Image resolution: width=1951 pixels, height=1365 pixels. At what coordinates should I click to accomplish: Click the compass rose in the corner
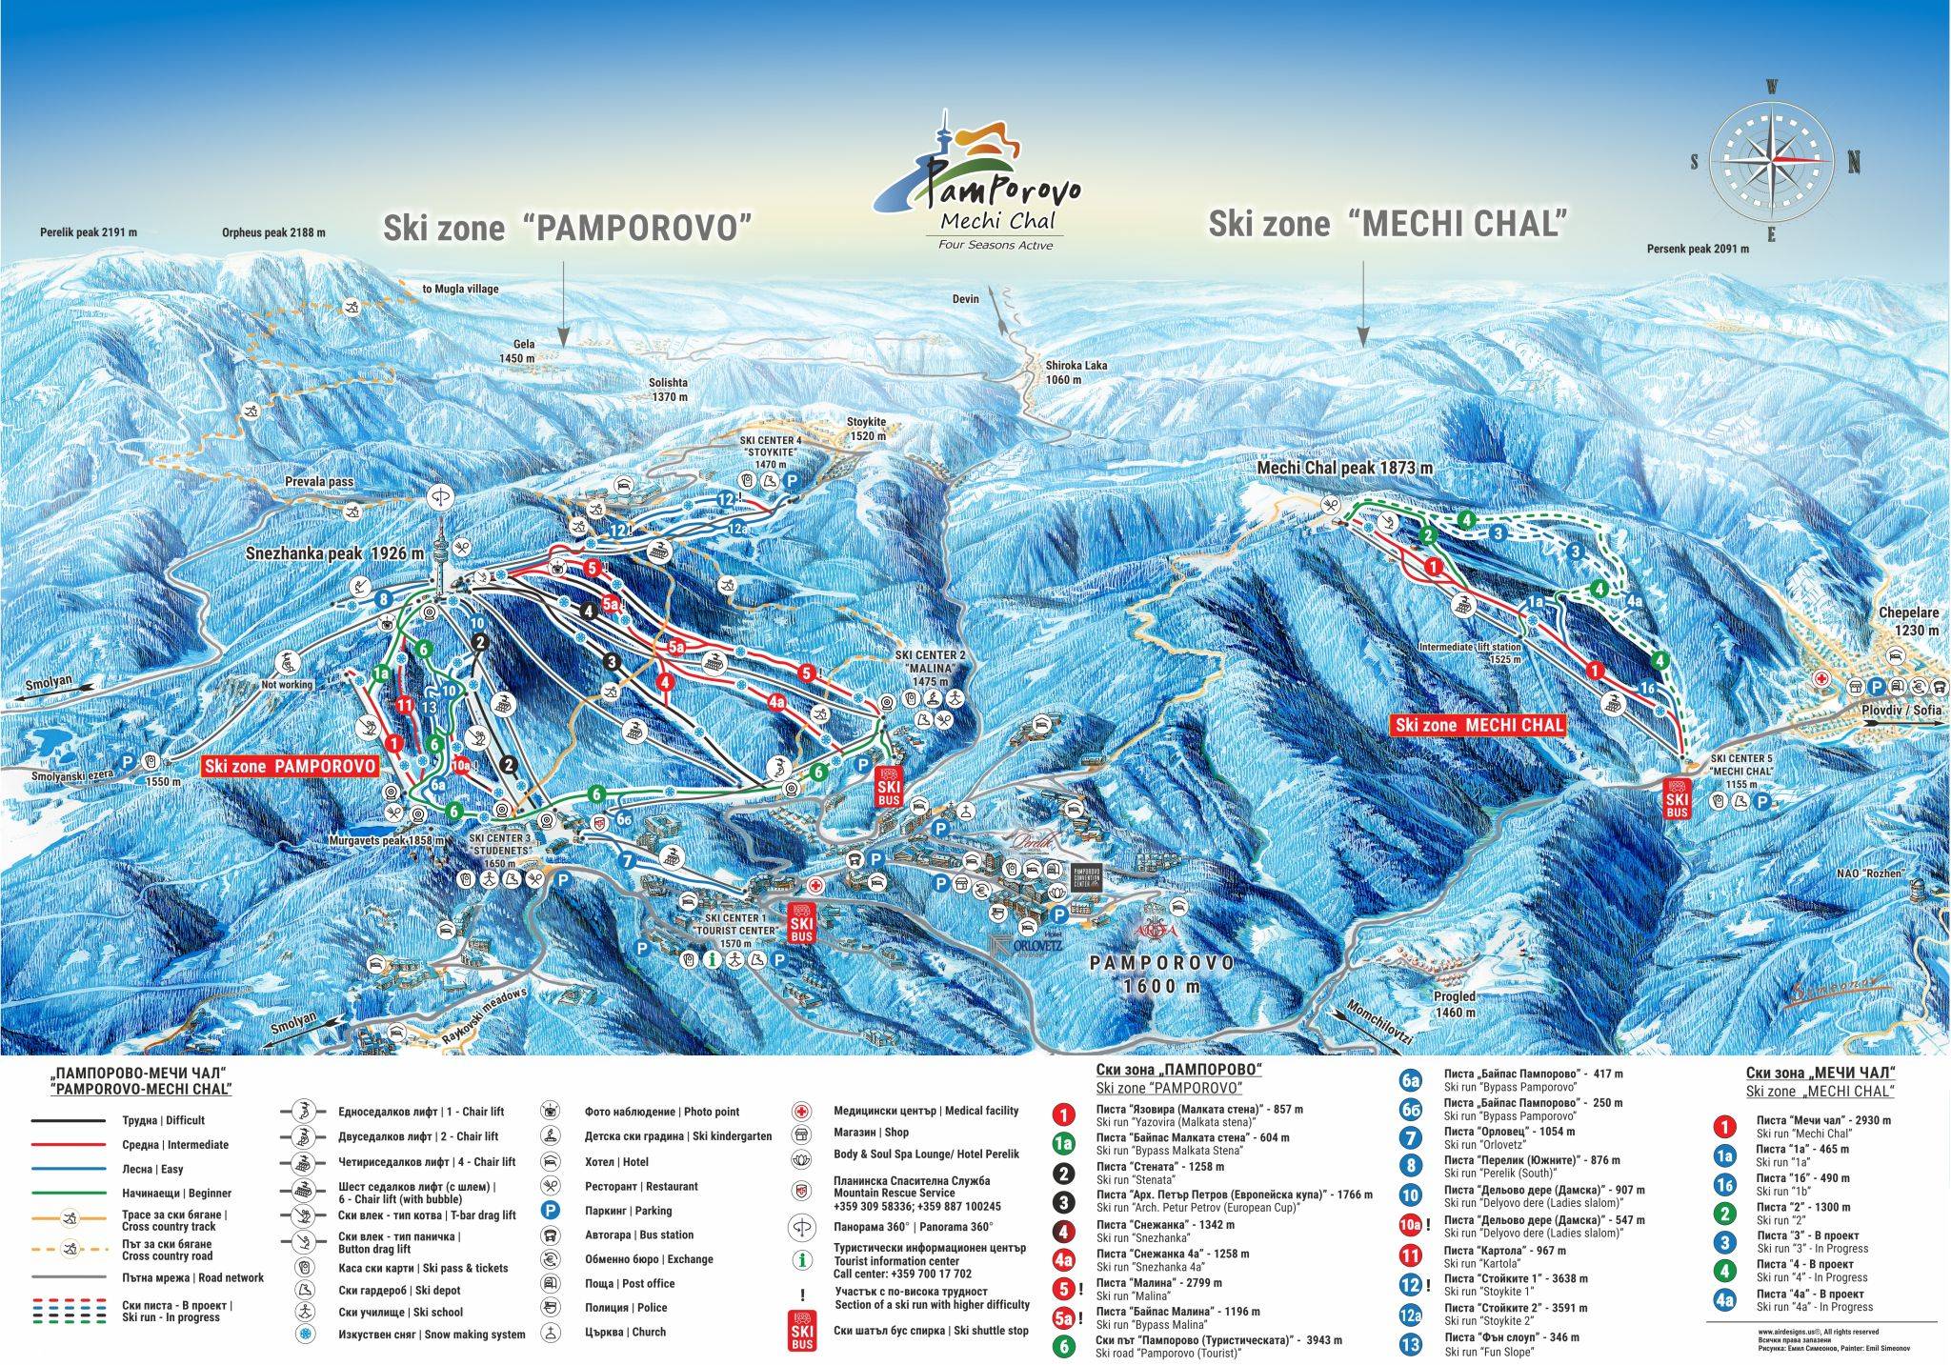[x=1772, y=161]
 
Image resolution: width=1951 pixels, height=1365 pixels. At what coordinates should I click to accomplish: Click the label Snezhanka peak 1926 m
[x=328, y=553]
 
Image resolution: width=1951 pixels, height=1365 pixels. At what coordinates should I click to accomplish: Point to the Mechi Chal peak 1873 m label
[x=1344, y=468]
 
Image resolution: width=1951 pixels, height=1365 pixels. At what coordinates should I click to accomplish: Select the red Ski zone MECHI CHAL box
[x=1479, y=725]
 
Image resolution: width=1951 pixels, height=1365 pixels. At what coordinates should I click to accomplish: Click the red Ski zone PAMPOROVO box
[x=290, y=766]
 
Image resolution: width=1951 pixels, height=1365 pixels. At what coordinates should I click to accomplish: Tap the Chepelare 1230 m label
[x=1908, y=621]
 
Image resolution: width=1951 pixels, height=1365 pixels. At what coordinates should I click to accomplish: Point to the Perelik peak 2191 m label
[x=89, y=231]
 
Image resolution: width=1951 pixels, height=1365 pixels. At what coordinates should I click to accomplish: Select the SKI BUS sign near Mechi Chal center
[x=1677, y=798]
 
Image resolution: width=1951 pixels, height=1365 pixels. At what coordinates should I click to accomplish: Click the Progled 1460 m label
[x=1453, y=1004]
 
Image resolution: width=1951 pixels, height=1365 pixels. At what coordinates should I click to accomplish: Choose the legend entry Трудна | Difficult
[x=163, y=1120]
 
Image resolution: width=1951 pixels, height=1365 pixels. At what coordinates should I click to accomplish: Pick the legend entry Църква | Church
[x=625, y=1332]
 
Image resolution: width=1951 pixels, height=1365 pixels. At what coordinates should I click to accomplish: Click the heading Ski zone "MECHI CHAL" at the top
[x=1387, y=225]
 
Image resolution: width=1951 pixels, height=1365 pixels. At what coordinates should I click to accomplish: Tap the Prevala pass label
[x=319, y=482]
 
